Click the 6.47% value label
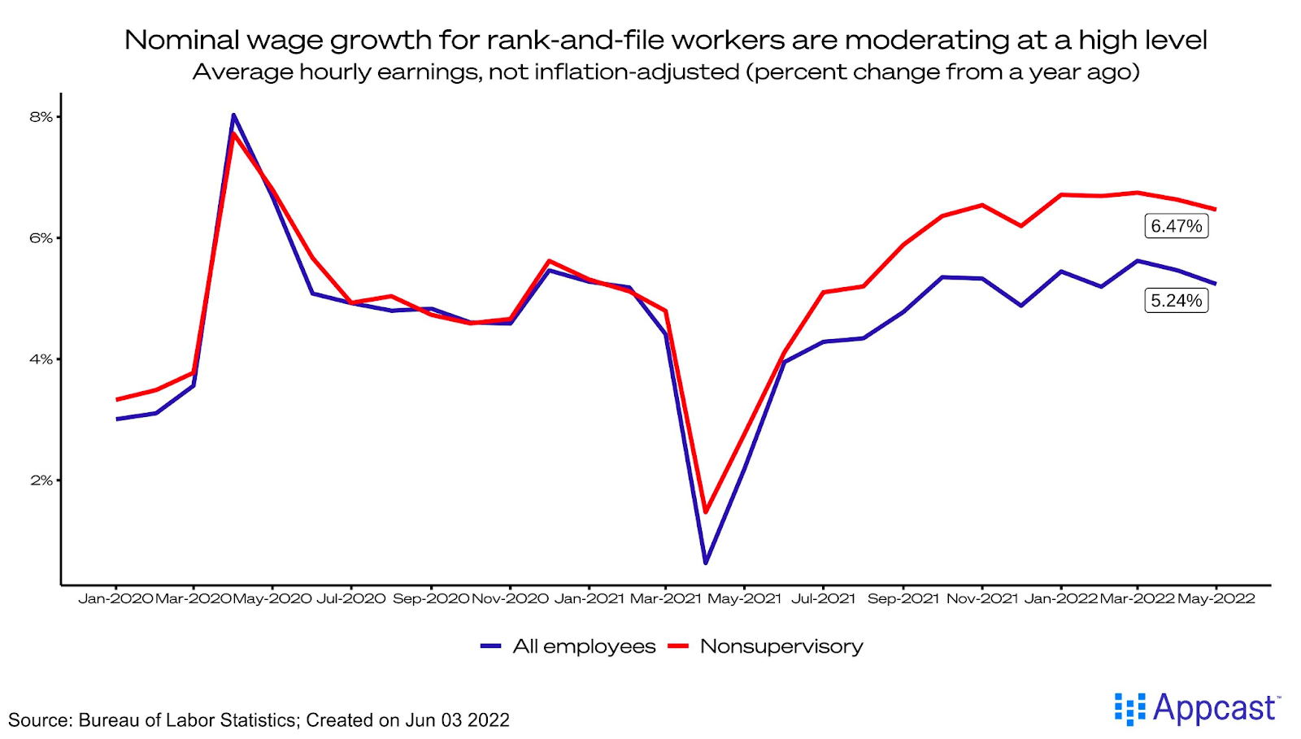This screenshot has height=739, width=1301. click(1176, 226)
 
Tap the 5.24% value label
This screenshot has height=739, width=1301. click(1176, 301)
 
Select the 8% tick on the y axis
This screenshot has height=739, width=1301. click(41, 117)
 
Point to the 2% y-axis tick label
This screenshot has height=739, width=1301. click(41, 480)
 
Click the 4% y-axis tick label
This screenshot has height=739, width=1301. click(41, 359)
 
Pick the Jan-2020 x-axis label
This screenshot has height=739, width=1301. click(115, 598)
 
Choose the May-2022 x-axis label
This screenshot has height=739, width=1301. click(1216, 598)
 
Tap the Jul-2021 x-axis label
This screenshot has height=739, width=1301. click(823, 598)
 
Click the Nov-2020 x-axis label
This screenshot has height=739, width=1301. click(510, 598)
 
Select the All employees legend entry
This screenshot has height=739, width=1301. click(568, 646)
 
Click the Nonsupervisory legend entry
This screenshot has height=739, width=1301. click(765, 646)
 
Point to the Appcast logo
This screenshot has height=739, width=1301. click(1197, 709)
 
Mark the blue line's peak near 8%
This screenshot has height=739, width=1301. click(233, 115)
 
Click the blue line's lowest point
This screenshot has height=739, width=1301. click(706, 563)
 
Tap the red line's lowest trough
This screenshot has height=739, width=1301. click(706, 512)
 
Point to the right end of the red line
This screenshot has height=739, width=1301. click(1216, 210)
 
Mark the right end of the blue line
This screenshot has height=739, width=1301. click(1216, 284)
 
